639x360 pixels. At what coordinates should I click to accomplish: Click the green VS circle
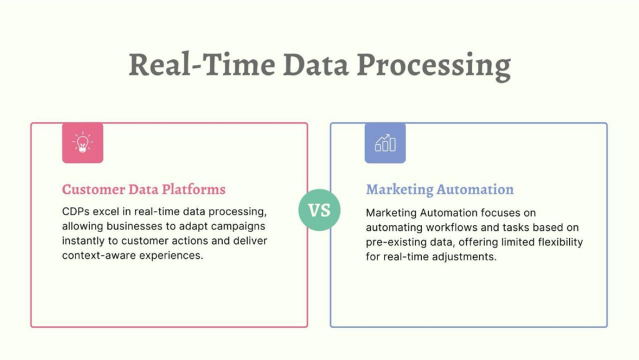click(x=319, y=210)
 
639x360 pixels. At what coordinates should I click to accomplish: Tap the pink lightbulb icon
click(x=83, y=143)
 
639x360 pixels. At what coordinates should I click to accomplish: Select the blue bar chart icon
click(x=385, y=143)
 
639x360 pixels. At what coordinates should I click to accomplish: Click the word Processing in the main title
click(x=434, y=66)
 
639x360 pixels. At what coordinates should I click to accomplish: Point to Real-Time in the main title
click(x=202, y=64)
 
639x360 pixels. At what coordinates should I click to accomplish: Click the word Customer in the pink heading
click(x=94, y=190)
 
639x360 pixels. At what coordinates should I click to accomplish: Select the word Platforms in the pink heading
click(x=193, y=190)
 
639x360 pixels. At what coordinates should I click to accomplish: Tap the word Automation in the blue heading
click(x=475, y=190)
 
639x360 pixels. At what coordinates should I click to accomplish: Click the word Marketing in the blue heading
click(x=399, y=190)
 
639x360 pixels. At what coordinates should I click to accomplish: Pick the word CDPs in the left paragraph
click(x=76, y=212)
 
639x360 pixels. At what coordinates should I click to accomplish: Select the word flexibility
click(x=560, y=243)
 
